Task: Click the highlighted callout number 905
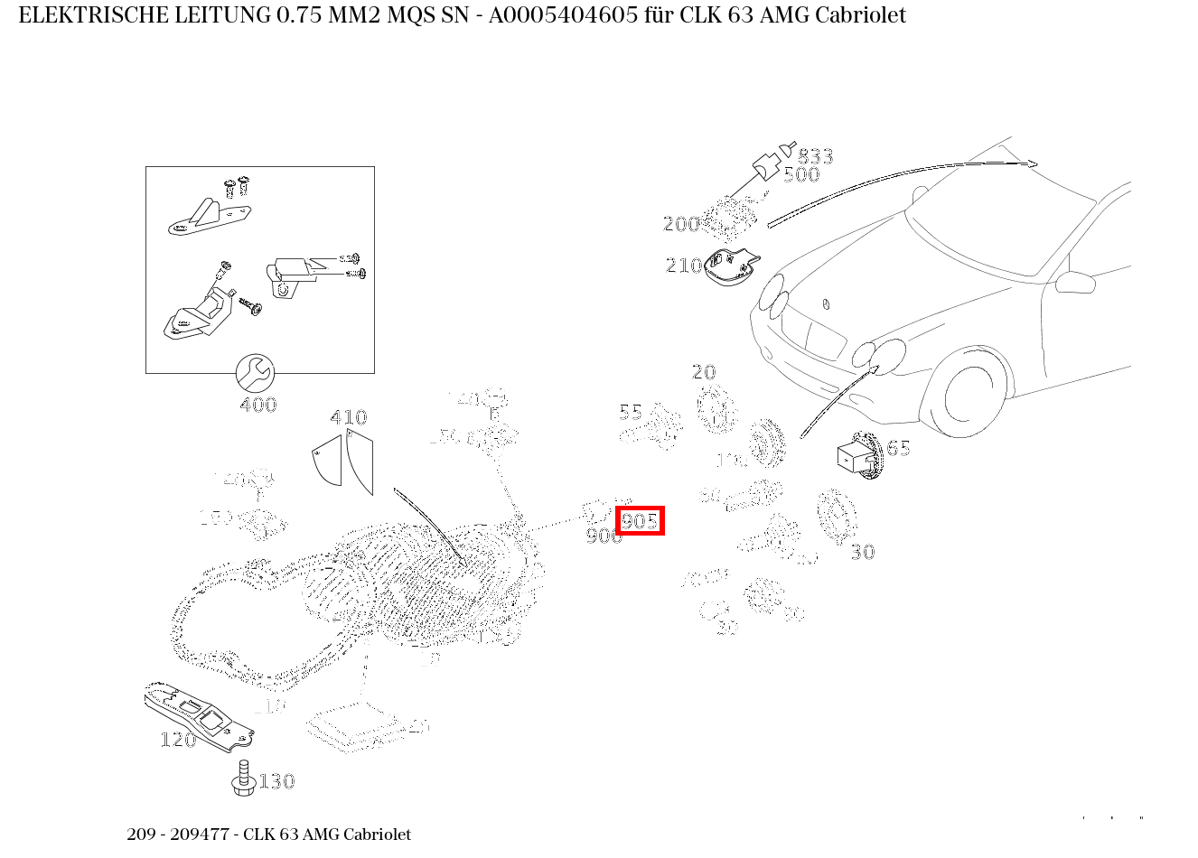click(640, 521)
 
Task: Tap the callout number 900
click(604, 536)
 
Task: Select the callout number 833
click(815, 157)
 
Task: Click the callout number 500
click(800, 175)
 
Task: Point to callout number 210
click(683, 266)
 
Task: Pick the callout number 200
click(680, 224)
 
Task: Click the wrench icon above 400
click(255, 371)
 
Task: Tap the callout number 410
click(348, 417)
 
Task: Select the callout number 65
click(898, 449)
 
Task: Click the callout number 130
click(276, 781)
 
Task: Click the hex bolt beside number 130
click(242, 779)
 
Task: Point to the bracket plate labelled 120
click(199, 713)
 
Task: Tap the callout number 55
click(630, 413)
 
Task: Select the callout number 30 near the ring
click(862, 552)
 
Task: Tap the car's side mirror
click(1075, 281)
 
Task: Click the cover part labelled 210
click(732, 267)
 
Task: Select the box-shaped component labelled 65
click(855, 457)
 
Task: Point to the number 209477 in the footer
click(200, 835)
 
